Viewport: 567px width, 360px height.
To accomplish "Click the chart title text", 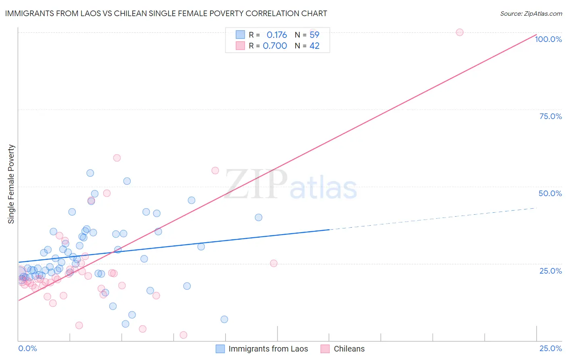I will [x=166, y=13].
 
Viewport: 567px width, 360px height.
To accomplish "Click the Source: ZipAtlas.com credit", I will [x=531, y=13].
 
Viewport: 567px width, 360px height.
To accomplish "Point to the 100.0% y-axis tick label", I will [x=548, y=39].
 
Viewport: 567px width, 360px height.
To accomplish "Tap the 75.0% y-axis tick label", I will [x=550, y=116].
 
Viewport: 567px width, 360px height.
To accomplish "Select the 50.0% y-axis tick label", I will [x=550, y=193].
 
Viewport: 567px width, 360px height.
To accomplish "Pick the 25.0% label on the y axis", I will [x=550, y=271].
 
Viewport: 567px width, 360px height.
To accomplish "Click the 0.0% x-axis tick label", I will [x=27, y=349].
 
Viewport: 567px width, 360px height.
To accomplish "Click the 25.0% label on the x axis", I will [x=550, y=349].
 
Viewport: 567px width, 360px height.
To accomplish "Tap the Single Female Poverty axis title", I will [x=11, y=184].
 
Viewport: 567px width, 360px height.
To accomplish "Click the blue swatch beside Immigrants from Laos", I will [x=220, y=349].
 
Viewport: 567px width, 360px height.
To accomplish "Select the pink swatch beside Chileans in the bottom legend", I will [x=325, y=349].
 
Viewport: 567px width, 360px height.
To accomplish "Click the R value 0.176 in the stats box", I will [x=277, y=35].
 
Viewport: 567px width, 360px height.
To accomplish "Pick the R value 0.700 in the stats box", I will [x=275, y=46].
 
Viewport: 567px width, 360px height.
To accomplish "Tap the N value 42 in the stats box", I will [x=315, y=46].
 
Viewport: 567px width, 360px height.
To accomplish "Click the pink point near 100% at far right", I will [x=460, y=32].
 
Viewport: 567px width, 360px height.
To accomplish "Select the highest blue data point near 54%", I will [x=90, y=173].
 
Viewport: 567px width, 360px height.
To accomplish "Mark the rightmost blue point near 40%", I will [x=258, y=218].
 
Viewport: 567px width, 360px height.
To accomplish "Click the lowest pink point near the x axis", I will [x=183, y=335].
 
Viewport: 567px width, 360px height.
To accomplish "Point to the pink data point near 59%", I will [x=117, y=158].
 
